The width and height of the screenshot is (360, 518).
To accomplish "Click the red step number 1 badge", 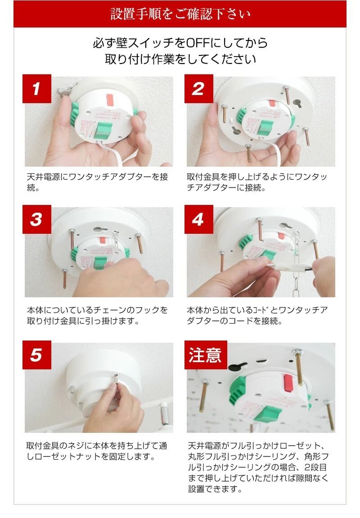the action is pos(36,89).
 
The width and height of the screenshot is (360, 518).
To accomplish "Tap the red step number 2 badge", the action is pos(198,89).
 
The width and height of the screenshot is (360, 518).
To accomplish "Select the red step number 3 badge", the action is pos(36,219).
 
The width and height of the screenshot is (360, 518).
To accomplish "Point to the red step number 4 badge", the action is pos(198,219).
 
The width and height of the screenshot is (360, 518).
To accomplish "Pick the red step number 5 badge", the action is pos(36,355).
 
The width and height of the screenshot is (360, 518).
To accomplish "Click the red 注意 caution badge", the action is pos(206,355).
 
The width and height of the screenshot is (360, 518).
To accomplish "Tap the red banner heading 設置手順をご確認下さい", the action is pos(180,14).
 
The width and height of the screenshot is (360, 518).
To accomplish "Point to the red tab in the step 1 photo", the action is pos(110,99).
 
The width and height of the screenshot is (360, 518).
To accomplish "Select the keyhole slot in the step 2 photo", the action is pos(297,103).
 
